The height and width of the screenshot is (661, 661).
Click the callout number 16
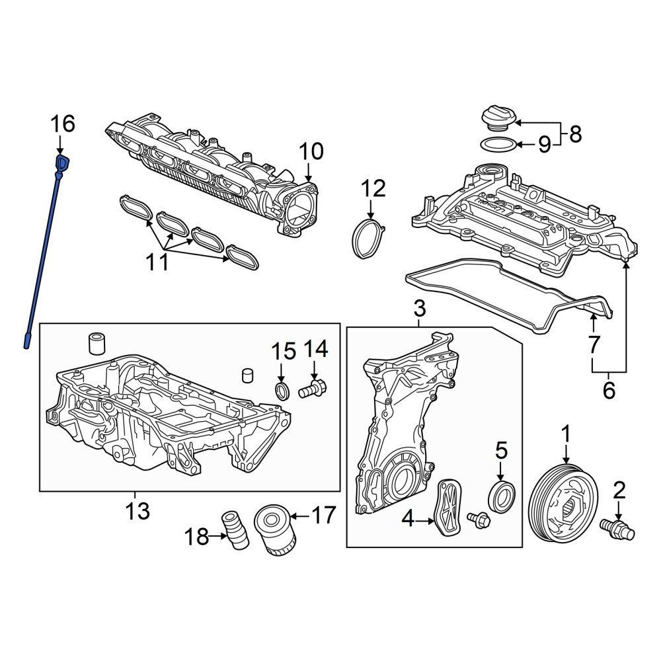63,124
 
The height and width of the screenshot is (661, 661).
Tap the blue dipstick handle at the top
62,164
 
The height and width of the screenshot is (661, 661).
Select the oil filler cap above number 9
498,120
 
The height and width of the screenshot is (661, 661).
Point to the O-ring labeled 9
498,145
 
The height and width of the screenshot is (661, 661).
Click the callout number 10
311,152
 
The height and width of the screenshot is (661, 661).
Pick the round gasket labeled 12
368,238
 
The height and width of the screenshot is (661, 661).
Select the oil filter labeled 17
276,529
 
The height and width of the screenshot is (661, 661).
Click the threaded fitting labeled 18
235,530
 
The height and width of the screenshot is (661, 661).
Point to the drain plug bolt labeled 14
313,389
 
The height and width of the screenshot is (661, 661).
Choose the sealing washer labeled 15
282,391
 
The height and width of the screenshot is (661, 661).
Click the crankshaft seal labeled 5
501,498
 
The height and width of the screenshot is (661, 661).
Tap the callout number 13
137,512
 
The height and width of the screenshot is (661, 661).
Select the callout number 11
157,262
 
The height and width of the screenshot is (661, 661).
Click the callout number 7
593,344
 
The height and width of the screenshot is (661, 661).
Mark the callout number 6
609,391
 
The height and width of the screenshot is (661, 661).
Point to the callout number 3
419,309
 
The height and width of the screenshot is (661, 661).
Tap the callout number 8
575,134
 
